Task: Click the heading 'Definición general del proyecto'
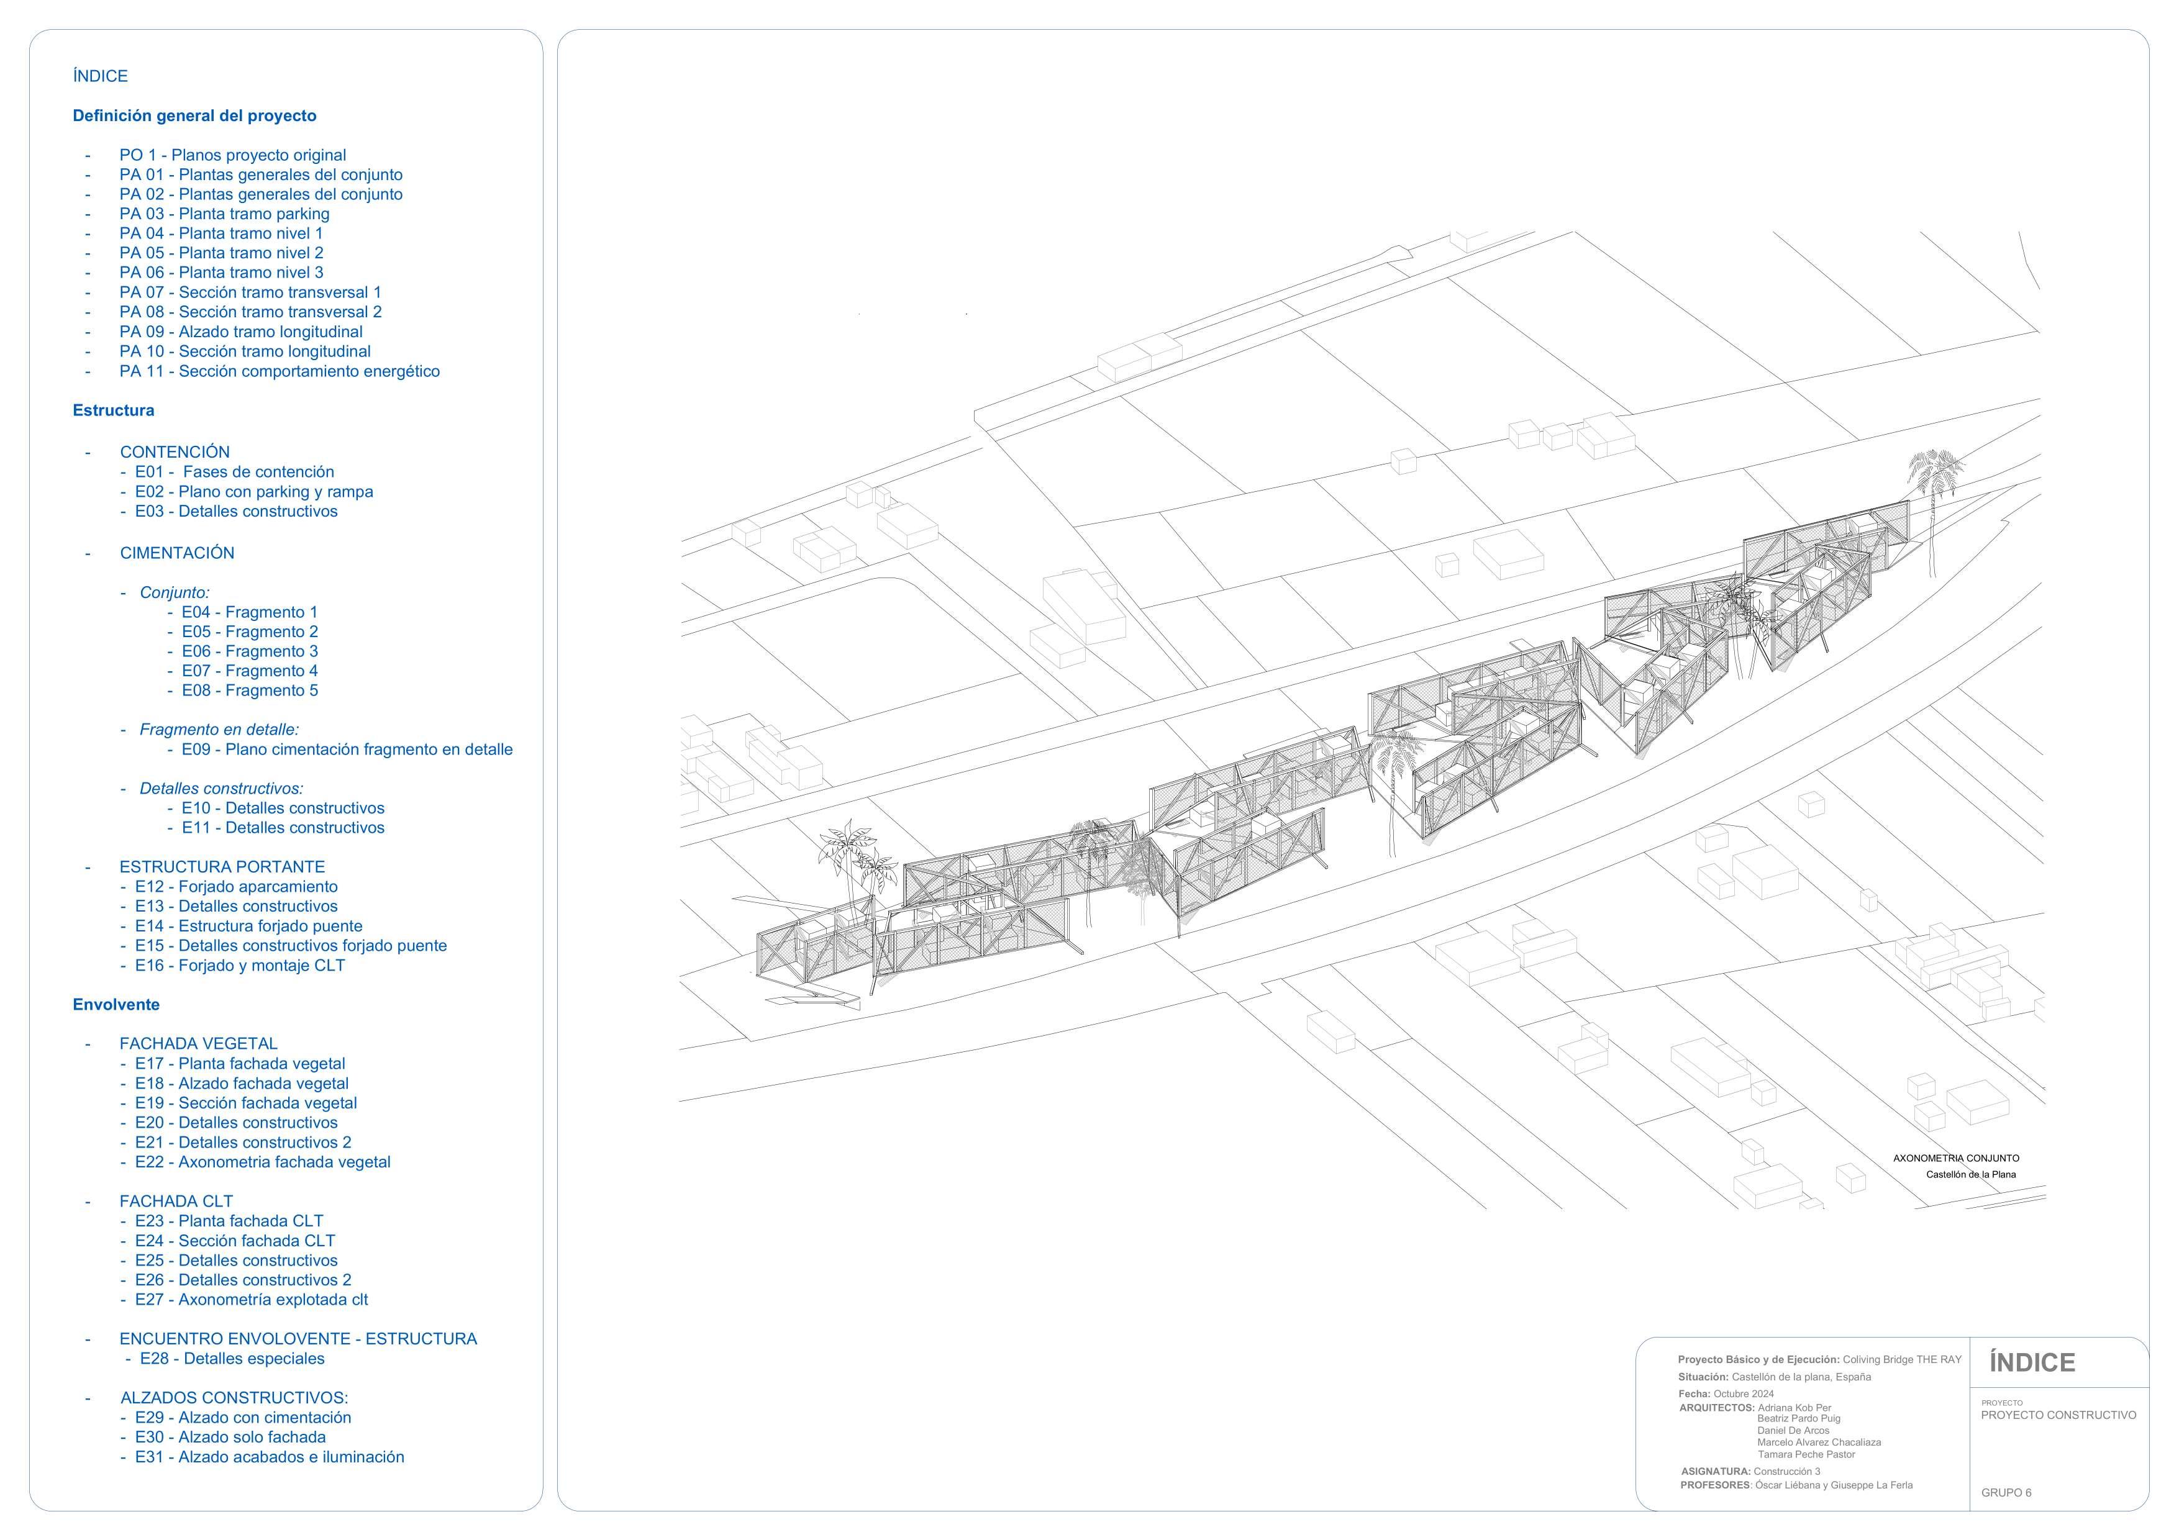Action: pos(194,115)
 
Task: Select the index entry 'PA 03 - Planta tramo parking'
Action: pos(224,214)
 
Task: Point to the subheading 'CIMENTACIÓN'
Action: pos(176,552)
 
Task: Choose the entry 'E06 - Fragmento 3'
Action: pos(250,651)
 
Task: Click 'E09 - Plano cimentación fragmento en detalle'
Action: pos(347,750)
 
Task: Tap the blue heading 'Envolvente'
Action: pos(116,1004)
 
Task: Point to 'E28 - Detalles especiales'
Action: pos(232,1359)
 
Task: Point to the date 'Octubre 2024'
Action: pos(1744,1394)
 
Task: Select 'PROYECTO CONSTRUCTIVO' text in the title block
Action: pos(2058,1415)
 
